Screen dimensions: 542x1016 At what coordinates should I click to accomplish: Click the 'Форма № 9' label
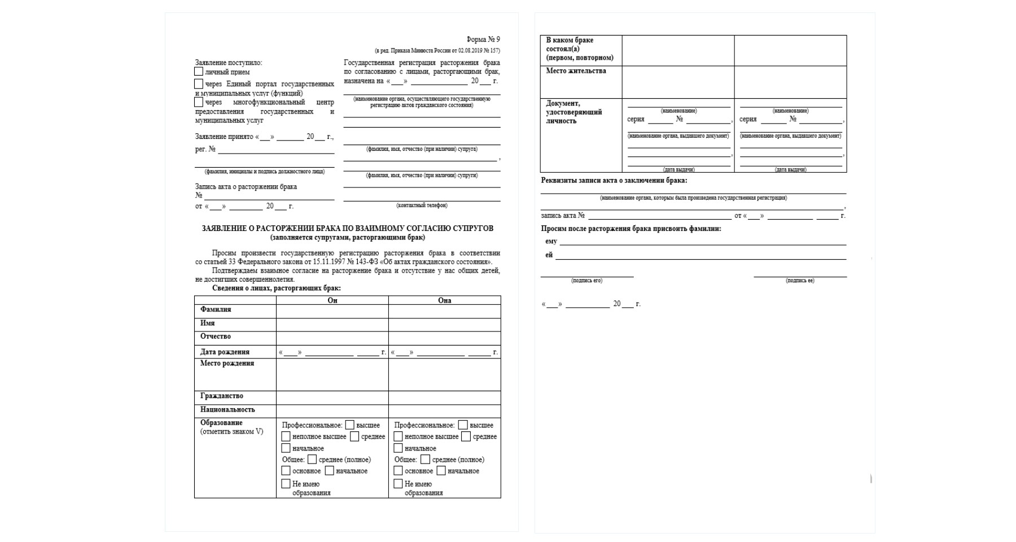[483, 40]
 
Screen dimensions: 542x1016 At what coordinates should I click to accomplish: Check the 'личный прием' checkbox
[199, 72]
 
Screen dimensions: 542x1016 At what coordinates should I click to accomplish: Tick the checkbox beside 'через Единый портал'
[199, 84]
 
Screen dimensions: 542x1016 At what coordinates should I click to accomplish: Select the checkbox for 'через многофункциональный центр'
[199, 102]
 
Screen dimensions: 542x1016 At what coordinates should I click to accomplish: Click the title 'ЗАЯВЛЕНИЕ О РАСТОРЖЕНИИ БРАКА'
[347, 229]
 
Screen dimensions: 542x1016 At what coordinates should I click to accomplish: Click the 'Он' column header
[332, 300]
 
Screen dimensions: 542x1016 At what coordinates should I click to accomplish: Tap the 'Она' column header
[445, 300]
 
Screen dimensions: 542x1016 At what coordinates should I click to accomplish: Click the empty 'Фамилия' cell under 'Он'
[332, 311]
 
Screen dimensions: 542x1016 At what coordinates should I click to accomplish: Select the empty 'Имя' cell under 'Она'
[445, 325]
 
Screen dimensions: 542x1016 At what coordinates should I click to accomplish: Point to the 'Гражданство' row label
[222, 396]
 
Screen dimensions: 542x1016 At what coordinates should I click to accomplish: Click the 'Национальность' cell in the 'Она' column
[445, 411]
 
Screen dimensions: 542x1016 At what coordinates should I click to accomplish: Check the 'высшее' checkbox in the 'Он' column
[350, 425]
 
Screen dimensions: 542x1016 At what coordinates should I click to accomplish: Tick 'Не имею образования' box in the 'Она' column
[398, 484]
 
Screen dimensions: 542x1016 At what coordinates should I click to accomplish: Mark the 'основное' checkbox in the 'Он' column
[286, 471]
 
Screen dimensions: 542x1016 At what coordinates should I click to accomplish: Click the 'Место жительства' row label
[576, 71]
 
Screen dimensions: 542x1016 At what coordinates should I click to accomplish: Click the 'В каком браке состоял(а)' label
[579, 49]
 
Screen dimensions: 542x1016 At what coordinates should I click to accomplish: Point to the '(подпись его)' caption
[586, 281]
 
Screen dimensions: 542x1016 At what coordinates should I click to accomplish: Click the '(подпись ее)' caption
[800, 281]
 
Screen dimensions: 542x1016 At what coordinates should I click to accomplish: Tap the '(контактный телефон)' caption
[422, 206]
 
